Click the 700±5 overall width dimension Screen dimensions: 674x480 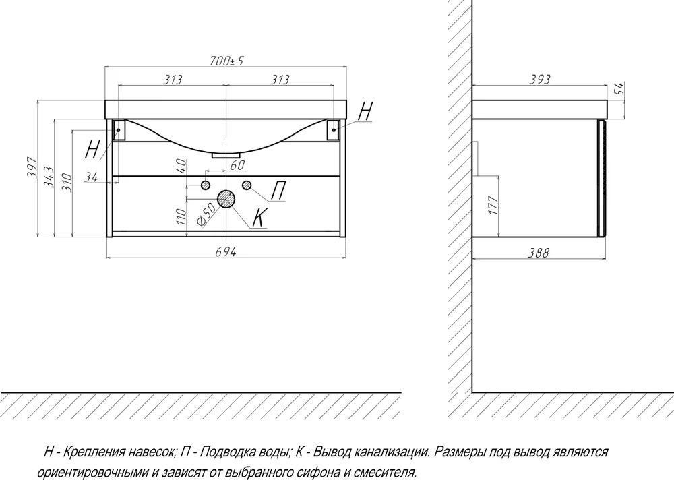[226, 61]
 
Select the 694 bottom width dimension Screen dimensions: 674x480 [226, 252]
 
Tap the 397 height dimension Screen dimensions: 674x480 [32, 168]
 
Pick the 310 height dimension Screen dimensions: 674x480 [66, 182]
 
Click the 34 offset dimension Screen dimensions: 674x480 [91, 177]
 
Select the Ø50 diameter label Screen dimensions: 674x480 [206, 214]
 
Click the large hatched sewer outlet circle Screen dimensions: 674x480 [226, 199]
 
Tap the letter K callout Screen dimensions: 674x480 [259, 217]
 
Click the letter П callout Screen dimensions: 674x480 [278, 191]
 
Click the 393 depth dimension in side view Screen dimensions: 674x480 [540, 79]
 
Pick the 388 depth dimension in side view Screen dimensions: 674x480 [539, 253]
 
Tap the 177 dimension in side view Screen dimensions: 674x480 [493, 205]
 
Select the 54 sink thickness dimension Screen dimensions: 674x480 [619, 89]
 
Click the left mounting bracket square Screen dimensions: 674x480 [118, 129]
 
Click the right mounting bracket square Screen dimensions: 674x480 [333, 129]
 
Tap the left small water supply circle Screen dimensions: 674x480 [206, 185]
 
